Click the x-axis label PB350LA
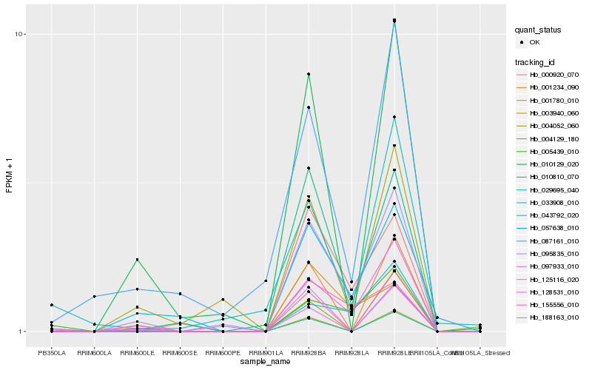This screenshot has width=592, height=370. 52,342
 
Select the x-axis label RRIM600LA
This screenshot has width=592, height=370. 94,342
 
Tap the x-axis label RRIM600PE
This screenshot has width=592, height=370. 223,342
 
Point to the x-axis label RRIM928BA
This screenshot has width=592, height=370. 308,342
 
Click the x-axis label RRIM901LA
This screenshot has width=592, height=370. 266,342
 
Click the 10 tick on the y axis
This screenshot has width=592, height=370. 20,34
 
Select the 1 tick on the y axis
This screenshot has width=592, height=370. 22,332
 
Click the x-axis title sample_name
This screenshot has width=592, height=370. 266,361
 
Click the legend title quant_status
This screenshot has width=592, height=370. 539,30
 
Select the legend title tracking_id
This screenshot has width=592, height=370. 536,61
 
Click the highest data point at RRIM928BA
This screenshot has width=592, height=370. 308,74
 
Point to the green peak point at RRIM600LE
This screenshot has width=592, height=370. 137,260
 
